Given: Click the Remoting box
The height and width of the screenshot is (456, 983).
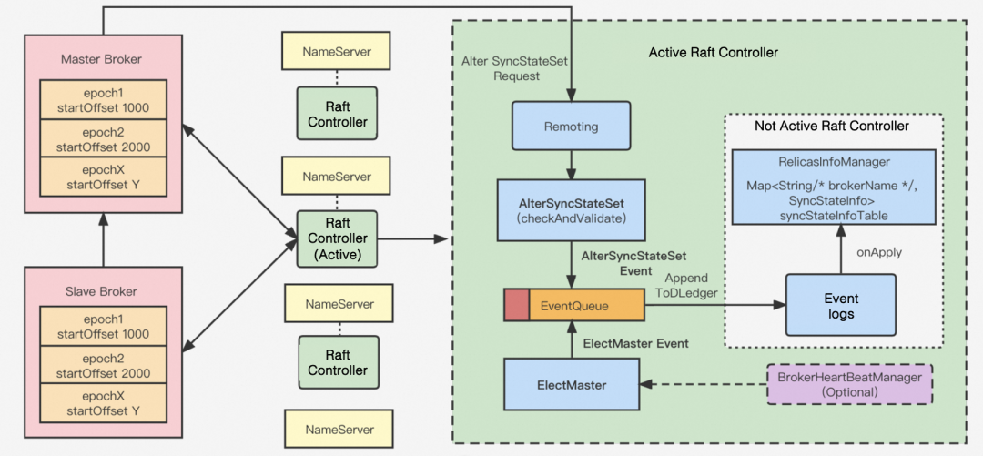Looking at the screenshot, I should coord(571,126).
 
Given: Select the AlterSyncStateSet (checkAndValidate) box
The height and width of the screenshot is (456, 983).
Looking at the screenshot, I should coord(571,210).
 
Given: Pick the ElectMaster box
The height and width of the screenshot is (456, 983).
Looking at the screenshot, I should coord(571,385).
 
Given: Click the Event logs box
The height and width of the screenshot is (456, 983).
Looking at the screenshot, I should coord(840,306).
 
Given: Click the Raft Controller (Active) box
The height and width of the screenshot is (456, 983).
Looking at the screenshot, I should coord(337,238).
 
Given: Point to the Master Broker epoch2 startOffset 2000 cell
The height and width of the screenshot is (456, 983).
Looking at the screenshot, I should coord(102,138).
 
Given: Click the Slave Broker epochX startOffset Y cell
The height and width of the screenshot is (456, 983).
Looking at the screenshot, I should coord(102,404).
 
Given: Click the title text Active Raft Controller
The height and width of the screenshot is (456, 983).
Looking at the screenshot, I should coord(713,53).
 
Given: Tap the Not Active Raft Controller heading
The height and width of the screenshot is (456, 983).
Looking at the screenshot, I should coord(831,126).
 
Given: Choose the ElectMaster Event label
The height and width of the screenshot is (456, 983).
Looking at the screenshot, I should coord(635,343).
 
